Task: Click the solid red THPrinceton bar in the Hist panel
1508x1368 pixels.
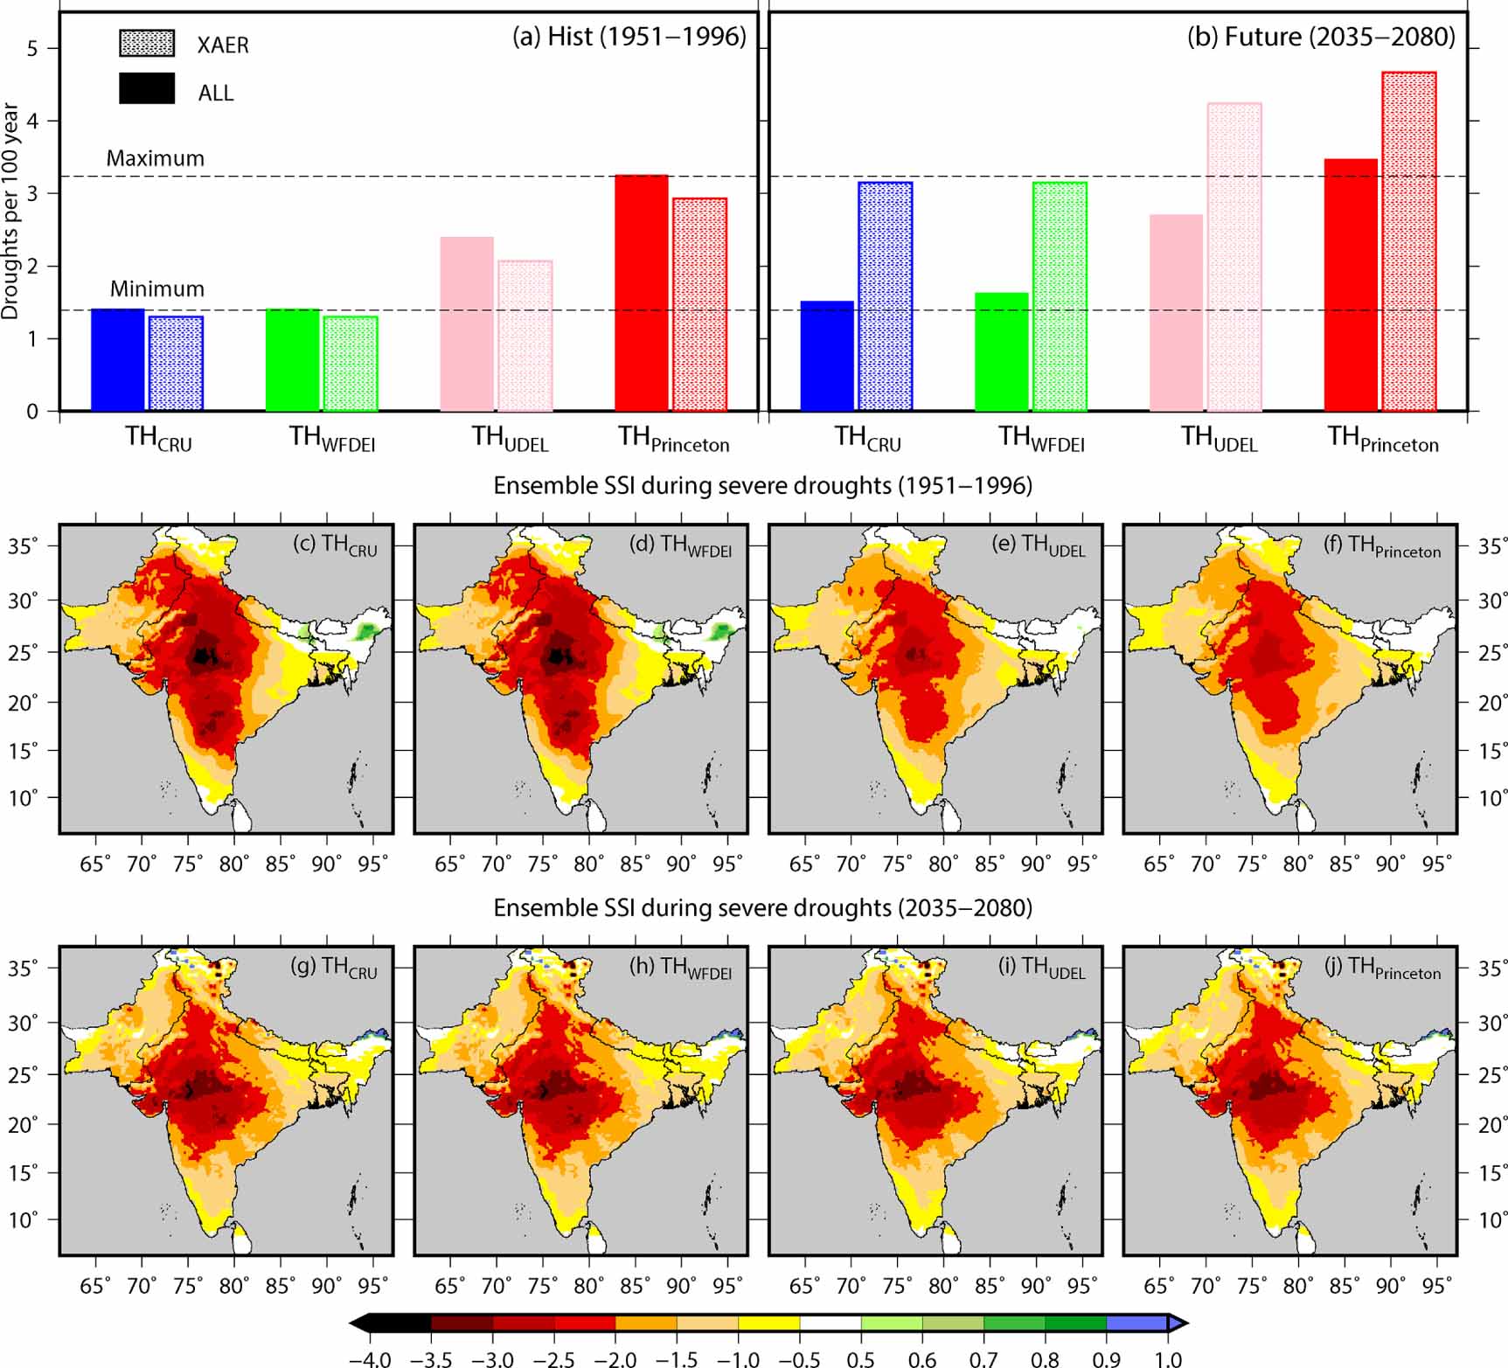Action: tap(641, 293)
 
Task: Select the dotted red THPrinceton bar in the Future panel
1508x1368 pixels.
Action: tap(1409, 241)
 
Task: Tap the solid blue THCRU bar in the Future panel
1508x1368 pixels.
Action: tap(827, 356)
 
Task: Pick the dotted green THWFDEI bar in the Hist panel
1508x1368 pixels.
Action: tap(351, 363)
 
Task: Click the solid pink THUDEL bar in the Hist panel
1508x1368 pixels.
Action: tap(467, 323)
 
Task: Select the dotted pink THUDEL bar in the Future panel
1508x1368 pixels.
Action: tap(1234, 257)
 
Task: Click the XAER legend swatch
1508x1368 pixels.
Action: tap(147, 44)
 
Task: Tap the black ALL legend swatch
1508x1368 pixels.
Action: tap(147, 89)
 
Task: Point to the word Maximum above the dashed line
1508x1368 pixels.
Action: tap(156, 158)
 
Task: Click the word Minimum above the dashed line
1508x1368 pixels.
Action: tap(157, 288)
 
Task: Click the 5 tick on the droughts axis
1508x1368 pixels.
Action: tap(33, 48)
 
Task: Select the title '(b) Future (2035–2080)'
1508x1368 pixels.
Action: tap(1320, 37)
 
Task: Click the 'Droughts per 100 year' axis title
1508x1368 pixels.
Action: tap(10, 211)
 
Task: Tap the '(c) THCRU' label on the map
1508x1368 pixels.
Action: tap(335, 545)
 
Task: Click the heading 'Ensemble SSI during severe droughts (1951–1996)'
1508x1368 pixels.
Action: tap(762, 485)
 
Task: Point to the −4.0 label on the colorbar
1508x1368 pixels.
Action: tap(369, 1359)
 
